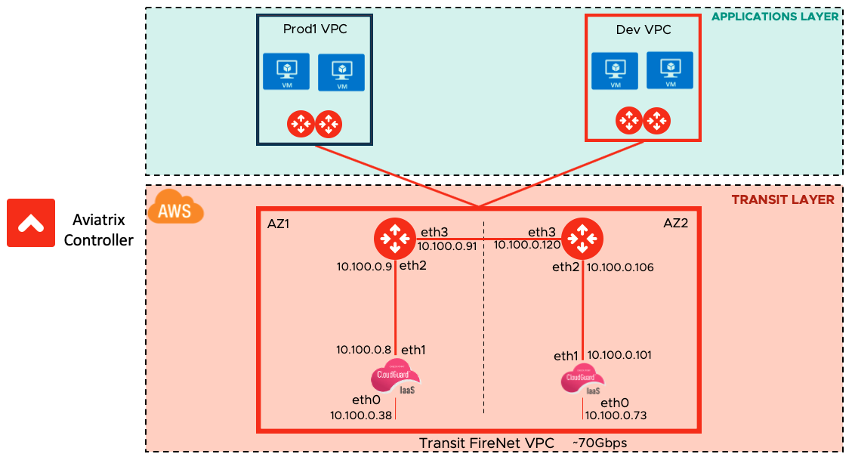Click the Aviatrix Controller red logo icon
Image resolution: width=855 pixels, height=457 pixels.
point(31,223)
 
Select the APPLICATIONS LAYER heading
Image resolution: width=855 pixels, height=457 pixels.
point(775,17)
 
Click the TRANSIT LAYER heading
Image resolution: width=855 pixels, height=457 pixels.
point(782,200)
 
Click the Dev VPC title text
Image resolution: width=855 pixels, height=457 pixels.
point(644,30)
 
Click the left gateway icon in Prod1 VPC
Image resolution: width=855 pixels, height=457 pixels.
point(301,124)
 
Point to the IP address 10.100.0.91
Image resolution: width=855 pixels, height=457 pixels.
point(447,245)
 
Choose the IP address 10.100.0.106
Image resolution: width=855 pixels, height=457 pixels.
point(620,267)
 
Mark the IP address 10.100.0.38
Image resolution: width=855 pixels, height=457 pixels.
point(361,414)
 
